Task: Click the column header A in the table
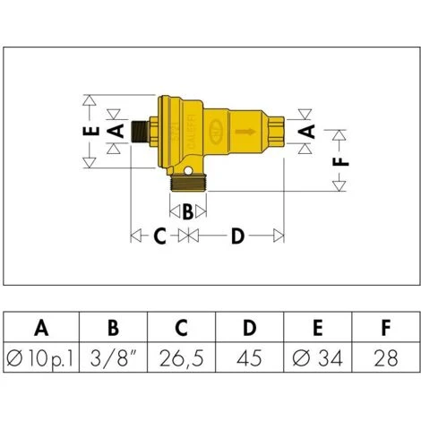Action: (x=41, y=328)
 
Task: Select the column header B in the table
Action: (x=113, y=328)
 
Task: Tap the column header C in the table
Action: (x=181, y=328)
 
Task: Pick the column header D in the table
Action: (x=250, y=328)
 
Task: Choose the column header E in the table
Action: (x=318, y=328)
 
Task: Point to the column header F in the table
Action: (x=386, y=328)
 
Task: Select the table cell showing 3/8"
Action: (x=113, y=357)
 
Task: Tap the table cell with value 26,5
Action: (x=182, y=358)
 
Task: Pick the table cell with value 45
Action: (x=249, y=358)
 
